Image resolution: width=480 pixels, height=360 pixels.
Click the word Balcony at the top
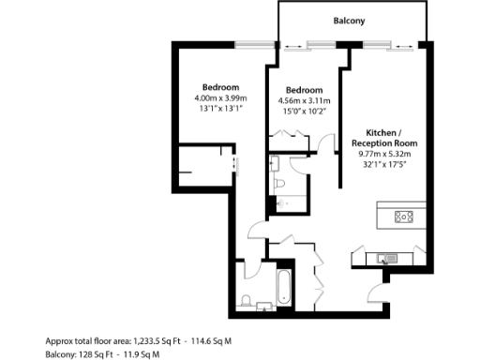pyautogui.click(x=349, y=21)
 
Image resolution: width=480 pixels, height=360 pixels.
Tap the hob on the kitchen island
pyautogui.click(x=404, y=217)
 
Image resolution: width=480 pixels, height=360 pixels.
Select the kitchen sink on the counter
pyautogui.click(x=388, y=257)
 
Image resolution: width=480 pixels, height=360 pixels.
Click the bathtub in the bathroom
pyautogui.click(x=284, y=287)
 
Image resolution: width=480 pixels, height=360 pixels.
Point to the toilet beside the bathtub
pyautogui.click(x=244, y=301)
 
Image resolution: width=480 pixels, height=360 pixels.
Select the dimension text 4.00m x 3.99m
pyautogui.click(x=220, y=97)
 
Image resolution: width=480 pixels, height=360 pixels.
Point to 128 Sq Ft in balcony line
pyautogui.click(x=100, y=354)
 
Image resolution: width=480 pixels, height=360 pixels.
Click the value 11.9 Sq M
pyautogui.click(x=150, y=354)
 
